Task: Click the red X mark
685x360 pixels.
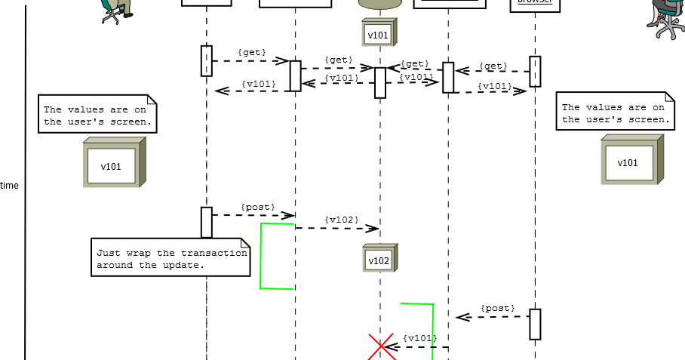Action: [x=381, y=348]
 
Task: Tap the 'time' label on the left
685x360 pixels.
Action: [x=10, y=186]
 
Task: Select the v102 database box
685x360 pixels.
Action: [x=379, y=258]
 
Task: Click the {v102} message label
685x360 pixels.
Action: [x=341, y=220]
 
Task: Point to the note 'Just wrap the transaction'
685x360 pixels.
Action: [x=170, y=258]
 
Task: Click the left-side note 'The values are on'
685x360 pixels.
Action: [x=97, y=115]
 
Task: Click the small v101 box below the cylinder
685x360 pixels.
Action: [x=379, y=33]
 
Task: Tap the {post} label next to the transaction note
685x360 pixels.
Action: [x=258, y=207]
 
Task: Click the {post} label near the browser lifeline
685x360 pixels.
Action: [x=498, y=308]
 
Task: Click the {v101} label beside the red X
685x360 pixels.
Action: [x=419, y=338]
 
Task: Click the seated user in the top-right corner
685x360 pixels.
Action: [x=666, y=17]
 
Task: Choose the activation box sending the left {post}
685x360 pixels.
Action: [x=206, y=222]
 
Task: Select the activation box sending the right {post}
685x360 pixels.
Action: [x=535, y=324]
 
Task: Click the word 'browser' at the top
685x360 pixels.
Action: [x=535, y=2]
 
